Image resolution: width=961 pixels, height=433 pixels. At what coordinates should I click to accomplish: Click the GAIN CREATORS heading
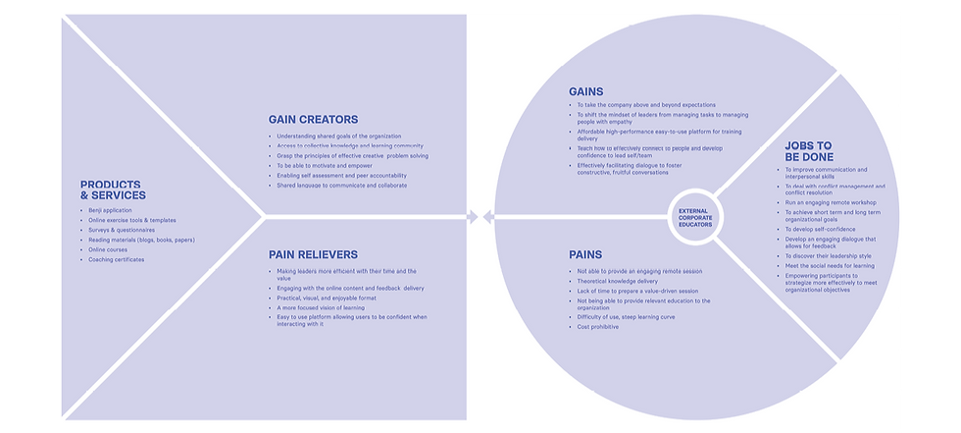[313, 120]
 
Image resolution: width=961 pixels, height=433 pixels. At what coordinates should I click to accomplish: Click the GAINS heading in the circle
[586, 91]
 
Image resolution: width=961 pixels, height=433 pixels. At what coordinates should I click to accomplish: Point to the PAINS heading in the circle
[585, 254]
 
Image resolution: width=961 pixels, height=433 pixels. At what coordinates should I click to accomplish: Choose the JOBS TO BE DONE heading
[808, 152]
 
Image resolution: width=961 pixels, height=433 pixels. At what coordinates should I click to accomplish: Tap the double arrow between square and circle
[472, 216]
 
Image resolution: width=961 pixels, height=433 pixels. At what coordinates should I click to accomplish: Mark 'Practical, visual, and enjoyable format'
[328, 298]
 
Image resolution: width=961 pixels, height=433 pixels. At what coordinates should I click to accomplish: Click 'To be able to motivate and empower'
[324, 166]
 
